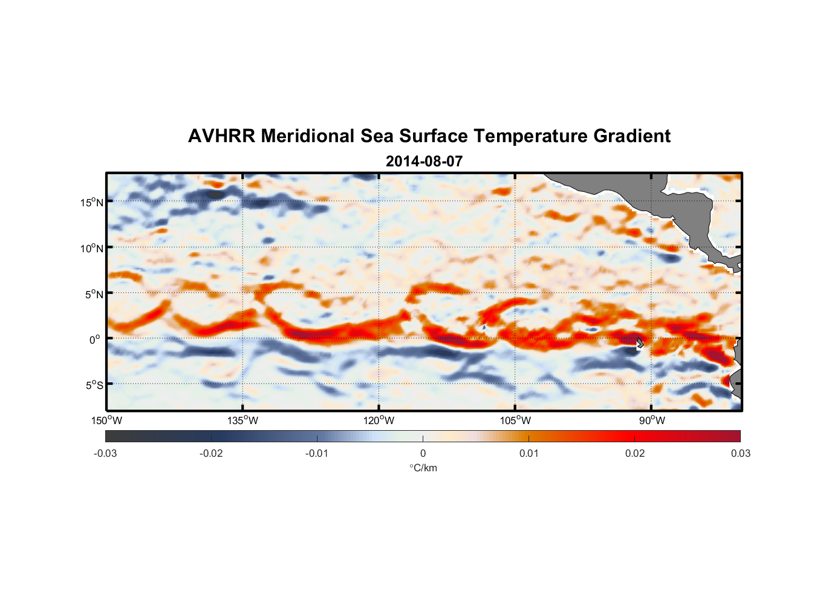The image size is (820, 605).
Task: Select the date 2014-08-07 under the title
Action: (424, 162)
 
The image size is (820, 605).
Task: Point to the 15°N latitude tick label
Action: (91, 202)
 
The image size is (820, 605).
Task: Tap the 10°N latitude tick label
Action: (91, 248)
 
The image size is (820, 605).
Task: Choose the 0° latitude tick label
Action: (95, 340)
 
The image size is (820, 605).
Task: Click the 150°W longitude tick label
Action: (106, 420)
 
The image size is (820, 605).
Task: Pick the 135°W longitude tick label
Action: (242, 420)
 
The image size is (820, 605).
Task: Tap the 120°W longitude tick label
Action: (379, 420)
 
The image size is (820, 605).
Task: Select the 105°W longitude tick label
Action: (515, 420)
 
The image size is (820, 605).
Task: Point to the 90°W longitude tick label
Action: (652, 420)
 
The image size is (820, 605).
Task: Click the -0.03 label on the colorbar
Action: (105, 453)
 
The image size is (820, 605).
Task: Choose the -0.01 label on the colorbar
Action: (317, 453)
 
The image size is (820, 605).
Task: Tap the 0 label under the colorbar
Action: (423, 453)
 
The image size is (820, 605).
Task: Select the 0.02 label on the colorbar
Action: (634, 453)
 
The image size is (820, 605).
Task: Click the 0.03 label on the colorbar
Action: (740, 453)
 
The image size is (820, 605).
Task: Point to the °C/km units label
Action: (423, 468)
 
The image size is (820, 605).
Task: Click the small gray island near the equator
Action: (640, 343)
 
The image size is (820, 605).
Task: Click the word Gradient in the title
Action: (632, 136)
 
